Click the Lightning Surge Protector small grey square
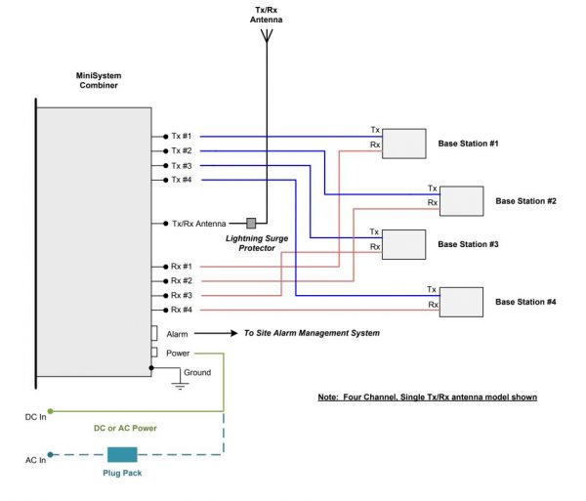(x=251, y=224)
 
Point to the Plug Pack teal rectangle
(x=121, y=454)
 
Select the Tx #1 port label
(x=182, y=137)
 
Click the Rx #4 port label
(x=182, y=310)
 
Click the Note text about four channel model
(x=427, y=397)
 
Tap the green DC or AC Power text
(x=126, y=428)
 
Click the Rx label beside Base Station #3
(x=374, y=247)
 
